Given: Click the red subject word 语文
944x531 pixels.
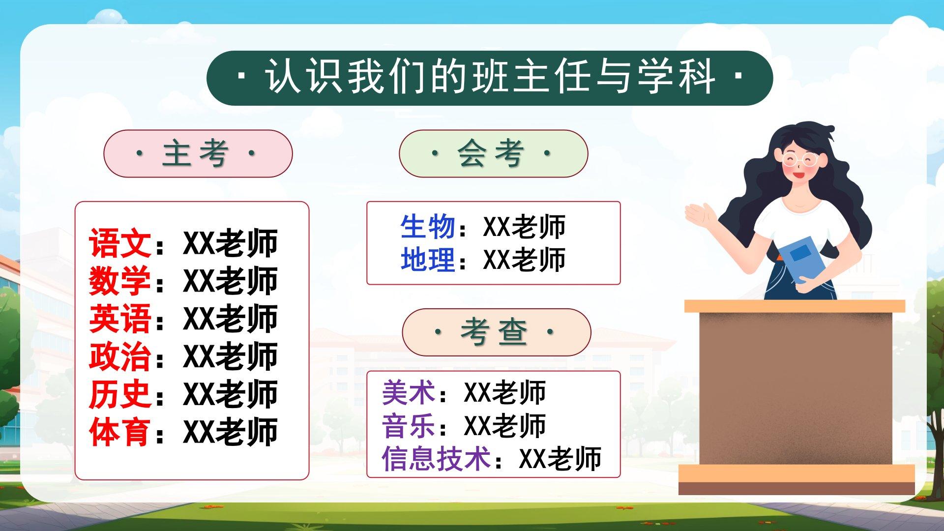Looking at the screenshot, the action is (x=120, y=243).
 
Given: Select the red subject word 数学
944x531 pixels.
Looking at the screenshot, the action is (x=120, y=281).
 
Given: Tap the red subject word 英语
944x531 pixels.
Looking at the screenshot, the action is (x=120, y=319).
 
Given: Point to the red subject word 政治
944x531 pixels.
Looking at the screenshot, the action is (x=120, y=356).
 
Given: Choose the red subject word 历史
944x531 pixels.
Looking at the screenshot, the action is (x=120, y=394).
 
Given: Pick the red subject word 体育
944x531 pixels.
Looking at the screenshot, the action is (x=120, y=432).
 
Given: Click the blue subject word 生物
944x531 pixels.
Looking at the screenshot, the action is (x=428, y=227).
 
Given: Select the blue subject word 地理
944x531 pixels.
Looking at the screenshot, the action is (x=428, y=260).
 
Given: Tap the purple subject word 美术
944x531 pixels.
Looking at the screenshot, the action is (x=409, y=393).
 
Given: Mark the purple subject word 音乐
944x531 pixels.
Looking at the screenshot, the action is (x=409, y=426).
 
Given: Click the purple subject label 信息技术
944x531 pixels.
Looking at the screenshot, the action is (x=436, y=459).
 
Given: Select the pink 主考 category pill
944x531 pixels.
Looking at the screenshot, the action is (x=198, y=153).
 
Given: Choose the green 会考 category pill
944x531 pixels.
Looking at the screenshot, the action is (x=494, y=153).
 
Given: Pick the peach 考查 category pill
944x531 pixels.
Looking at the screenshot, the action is (x=497, y=332).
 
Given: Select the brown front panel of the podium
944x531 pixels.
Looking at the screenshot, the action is (x=796, y=388).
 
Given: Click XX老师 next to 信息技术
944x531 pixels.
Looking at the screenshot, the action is (x=560, y=459).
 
